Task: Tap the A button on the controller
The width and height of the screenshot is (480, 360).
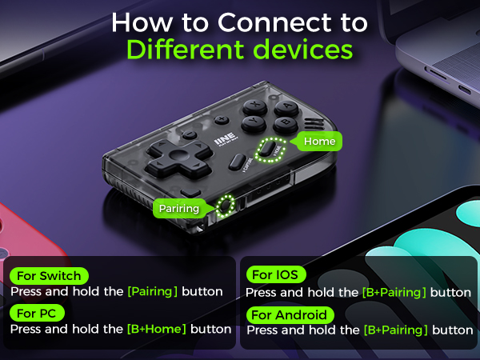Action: coord(286,107)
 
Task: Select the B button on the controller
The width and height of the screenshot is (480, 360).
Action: coord(286,124)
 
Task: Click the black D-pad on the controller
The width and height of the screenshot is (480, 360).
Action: coord(178,158)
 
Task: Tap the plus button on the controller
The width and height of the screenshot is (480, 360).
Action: coord(222,119)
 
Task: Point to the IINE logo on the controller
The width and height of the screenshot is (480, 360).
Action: coord(226,139)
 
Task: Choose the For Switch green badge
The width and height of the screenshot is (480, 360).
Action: coord(49,276)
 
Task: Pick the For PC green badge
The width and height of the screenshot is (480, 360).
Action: coord(37,313)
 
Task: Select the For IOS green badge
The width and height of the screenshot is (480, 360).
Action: coord(276,274)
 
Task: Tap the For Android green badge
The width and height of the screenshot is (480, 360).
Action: coord(290,315)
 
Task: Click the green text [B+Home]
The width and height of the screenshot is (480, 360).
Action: coord(157,329)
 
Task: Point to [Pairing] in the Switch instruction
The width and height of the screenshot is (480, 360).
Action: coord(153,291)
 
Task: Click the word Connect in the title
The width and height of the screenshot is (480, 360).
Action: coord(274,22)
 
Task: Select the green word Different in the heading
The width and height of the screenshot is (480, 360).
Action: coord(186,50)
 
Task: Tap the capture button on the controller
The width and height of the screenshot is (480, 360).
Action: coord(238,162)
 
